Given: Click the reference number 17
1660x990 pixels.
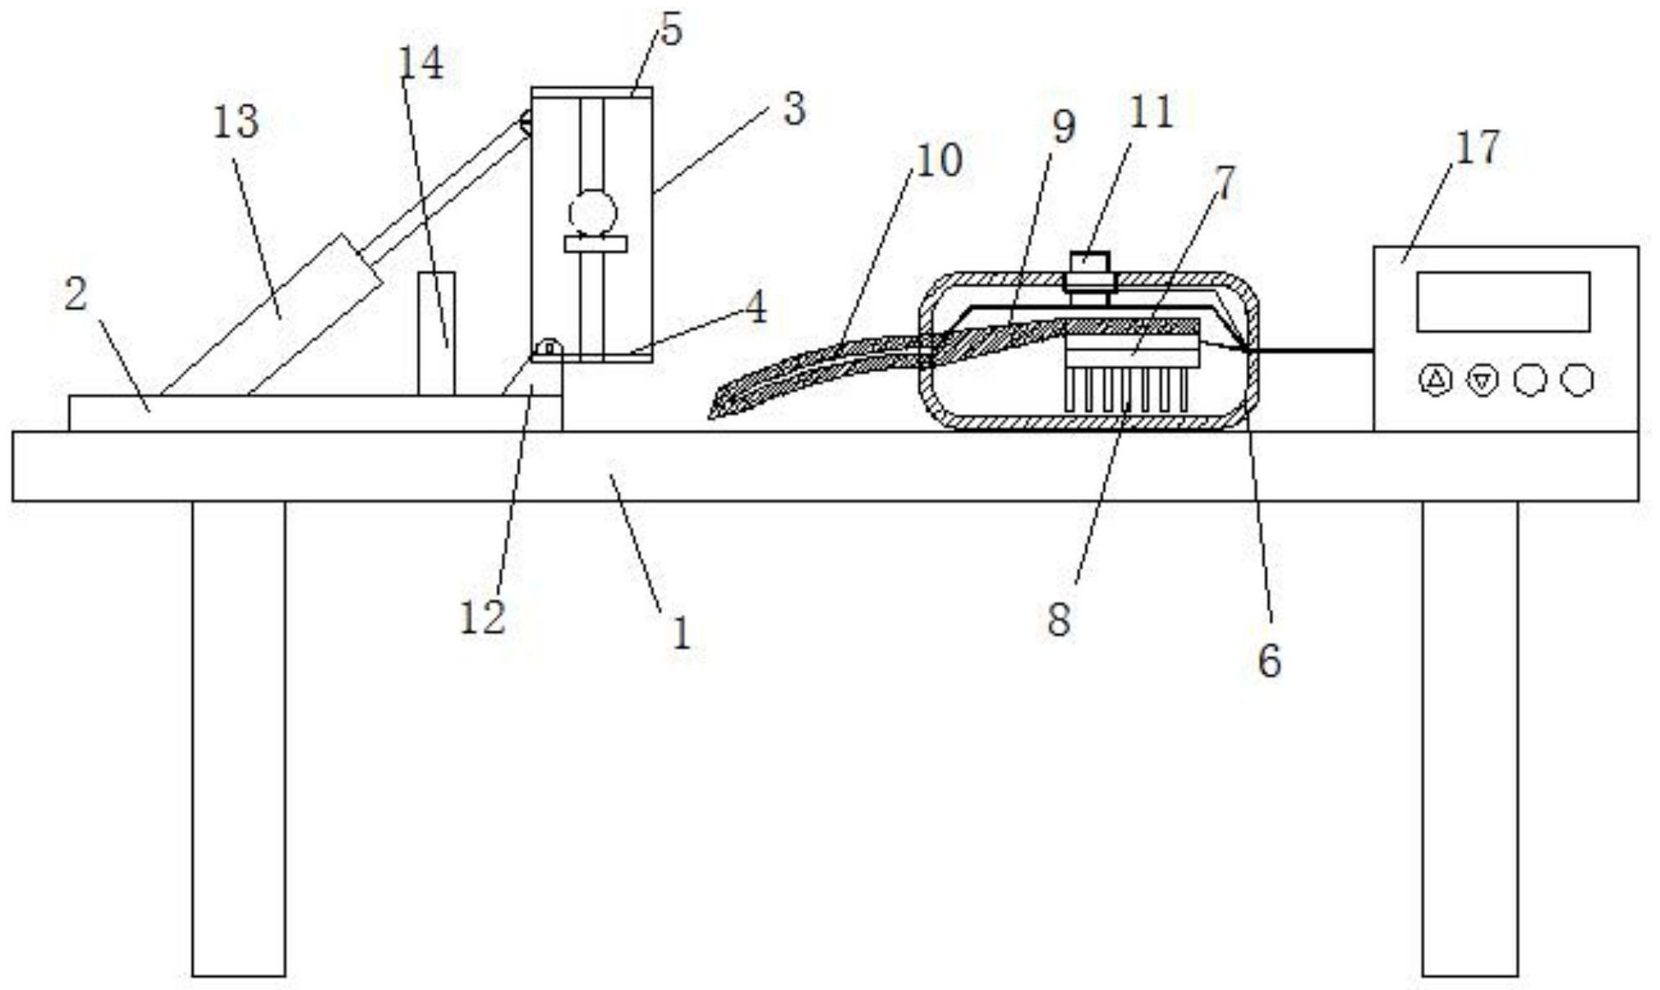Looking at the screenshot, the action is click(1478, 148).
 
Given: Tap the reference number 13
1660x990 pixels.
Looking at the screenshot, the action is click(236, 122).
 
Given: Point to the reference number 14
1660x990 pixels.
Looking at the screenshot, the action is click(421, 63).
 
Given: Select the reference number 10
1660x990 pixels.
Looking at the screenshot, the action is click(938, 160).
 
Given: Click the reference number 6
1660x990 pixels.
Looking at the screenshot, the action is click(1269, 661).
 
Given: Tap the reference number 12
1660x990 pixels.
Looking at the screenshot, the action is click(482, 618).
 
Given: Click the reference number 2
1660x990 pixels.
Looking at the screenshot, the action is click(76, 293).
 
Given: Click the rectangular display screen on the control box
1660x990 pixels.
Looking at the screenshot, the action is click(1503, 302).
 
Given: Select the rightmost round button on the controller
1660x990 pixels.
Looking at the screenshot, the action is click(1576, 380).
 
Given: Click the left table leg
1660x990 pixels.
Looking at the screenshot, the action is click(239, 739).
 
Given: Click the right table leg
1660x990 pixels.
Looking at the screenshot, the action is click(1469, 739).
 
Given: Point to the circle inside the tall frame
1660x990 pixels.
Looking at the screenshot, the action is click(592, 213).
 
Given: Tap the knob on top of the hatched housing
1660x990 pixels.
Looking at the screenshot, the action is click(1088, 272).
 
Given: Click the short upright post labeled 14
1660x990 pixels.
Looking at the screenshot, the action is click(436, 334).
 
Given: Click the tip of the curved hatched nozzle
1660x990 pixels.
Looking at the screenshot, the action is click(711, 417).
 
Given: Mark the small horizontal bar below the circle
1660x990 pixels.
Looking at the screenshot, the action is click(595, 244).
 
